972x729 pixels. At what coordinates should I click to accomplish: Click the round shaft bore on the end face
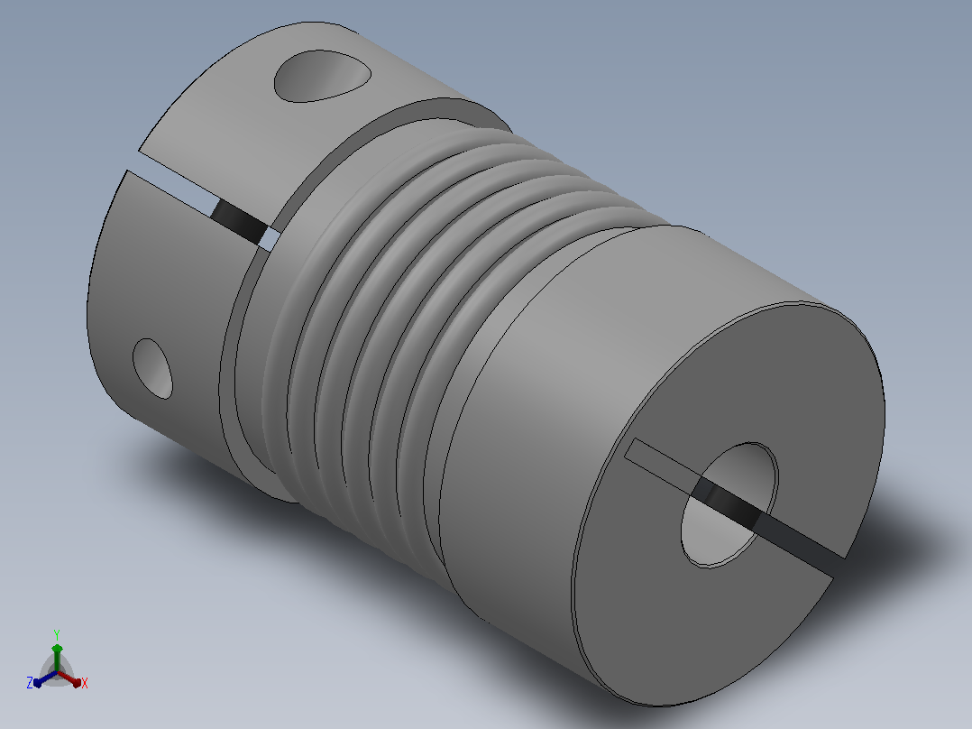click(x=729, y=505)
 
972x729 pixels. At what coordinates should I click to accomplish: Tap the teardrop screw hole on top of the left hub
click(x=322, y=76)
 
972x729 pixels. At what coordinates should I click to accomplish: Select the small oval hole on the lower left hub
click(x=152, y=368)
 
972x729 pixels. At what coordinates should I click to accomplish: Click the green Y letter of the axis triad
click(x=57, y=634)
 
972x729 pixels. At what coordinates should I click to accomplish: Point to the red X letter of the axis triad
click(x=85, y=683)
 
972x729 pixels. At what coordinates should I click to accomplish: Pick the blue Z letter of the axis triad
click(x=29, y=683)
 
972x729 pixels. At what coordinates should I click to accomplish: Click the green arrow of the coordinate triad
click(x=57, y=657)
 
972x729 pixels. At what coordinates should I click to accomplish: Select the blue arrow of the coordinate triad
click(x=45, y=678)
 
